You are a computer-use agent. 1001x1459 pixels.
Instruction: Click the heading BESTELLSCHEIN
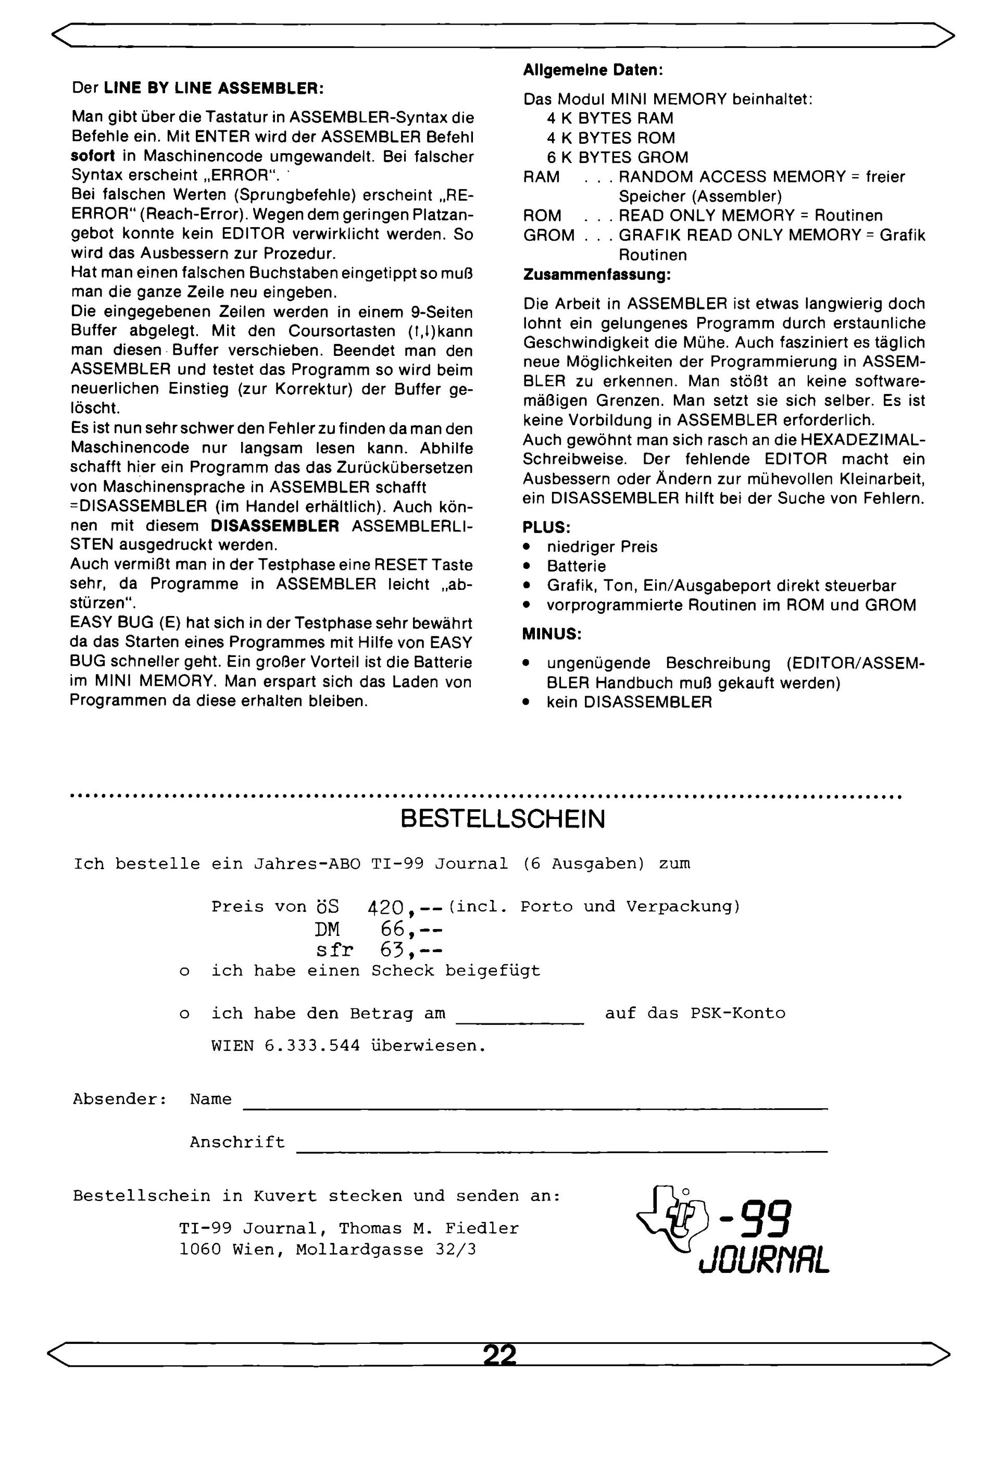(502, 819)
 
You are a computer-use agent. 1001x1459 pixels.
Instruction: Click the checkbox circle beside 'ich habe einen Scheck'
(184, 972)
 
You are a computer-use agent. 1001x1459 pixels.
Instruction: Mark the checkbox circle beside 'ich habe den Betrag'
(184, 1015)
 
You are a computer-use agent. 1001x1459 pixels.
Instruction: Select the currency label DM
(327, 929)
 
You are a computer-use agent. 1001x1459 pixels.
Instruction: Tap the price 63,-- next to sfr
(411, 950)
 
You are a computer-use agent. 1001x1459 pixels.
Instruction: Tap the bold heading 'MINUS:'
(552, 634)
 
